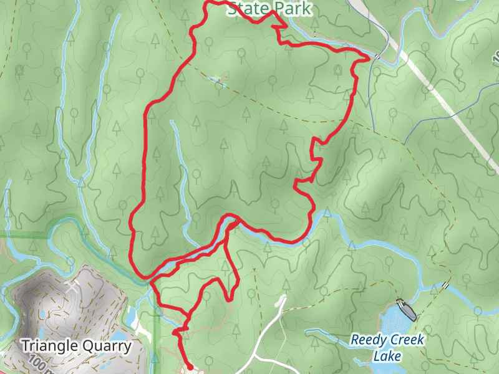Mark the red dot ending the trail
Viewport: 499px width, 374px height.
189,367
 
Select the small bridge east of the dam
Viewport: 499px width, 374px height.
445,285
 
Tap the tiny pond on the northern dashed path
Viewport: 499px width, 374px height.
216,79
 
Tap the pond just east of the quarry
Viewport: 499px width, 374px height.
132,319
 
